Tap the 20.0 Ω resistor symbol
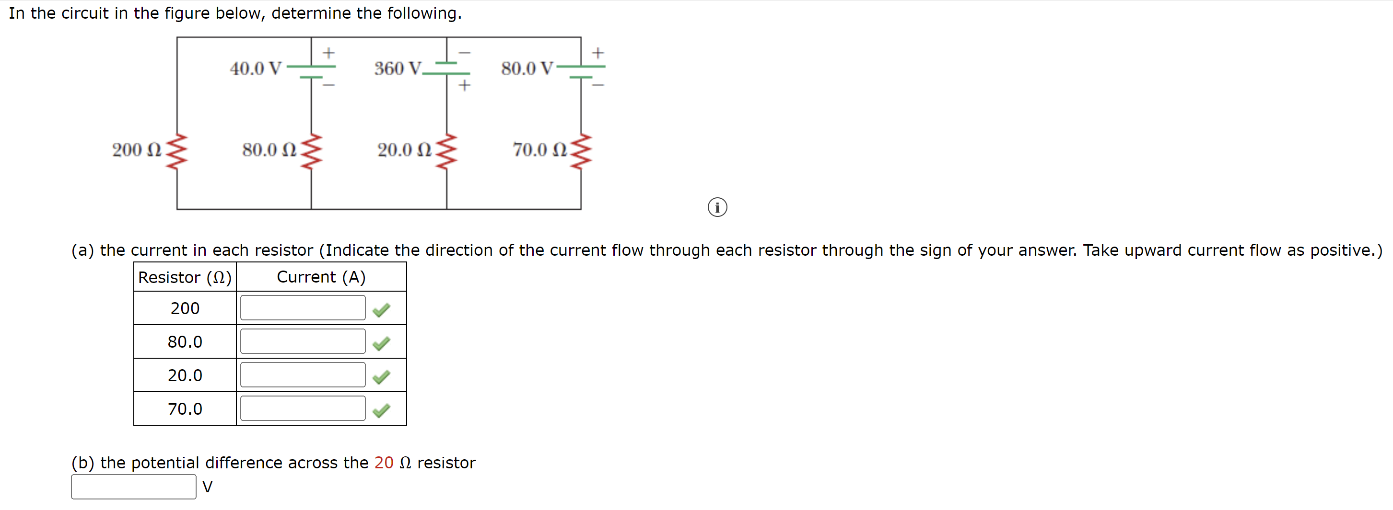(446, 151)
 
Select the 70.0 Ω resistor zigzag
(581, 151)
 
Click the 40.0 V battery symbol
(312, 71)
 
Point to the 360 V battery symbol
(446, 68)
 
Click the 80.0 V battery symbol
(582, 71)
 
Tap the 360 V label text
(398, 68)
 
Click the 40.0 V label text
(255, 68)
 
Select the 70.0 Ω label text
(539, 150)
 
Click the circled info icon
(717, 207)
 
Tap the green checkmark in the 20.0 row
(381, 376)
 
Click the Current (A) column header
(321, 277)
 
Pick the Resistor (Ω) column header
(185, 277)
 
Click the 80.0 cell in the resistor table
(185, 341)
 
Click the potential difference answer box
(134, 486)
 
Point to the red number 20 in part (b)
(384, 463)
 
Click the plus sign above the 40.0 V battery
(329, 53)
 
